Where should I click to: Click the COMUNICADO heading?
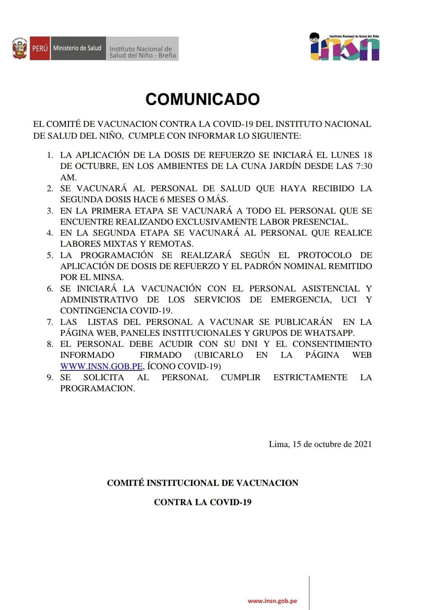tap(202, 99)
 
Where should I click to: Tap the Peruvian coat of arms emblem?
tap(20, 49)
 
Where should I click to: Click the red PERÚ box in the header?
tap(40, 48)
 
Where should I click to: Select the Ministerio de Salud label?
tap(77, 48)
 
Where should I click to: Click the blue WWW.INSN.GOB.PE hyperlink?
tap(101, 366)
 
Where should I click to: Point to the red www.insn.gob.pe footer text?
tap(272, 601)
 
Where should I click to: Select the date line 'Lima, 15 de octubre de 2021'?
tap(320, 444)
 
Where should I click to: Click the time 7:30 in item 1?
tap(363, 166)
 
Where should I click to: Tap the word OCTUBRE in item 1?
tap(96, 166)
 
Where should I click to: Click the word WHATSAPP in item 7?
tap(329, 333)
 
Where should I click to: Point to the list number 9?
tap(50, 377)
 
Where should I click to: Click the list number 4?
tap(50, 233)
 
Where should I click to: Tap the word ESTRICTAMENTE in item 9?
tap(310, 377)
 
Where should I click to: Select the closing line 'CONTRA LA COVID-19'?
tap(202, 502)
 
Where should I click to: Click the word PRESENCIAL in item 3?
tap(323, 222)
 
